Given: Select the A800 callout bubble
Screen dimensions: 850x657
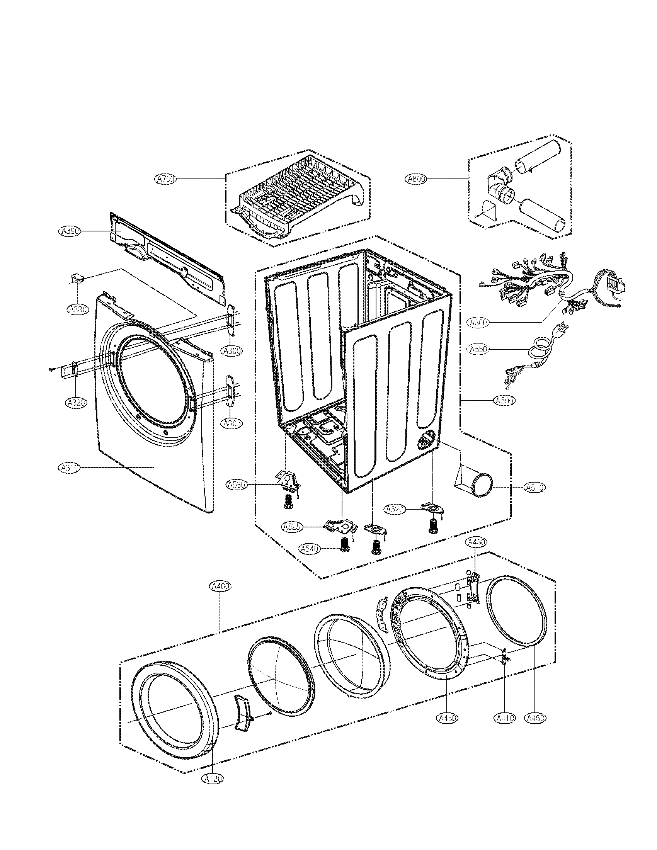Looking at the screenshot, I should (416, 179).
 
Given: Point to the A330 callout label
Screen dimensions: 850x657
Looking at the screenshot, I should (78, 309).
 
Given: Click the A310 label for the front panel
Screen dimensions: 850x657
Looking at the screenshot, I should (69, 468).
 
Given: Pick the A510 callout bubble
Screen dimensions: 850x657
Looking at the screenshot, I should (535, 487).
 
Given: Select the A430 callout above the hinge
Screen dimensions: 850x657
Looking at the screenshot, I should (477, 542).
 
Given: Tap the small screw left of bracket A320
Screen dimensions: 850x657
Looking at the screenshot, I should (51, 369).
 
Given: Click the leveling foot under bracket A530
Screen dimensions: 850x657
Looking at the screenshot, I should (288, 502).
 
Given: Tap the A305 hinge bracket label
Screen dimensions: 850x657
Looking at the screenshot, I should (232, 423).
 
